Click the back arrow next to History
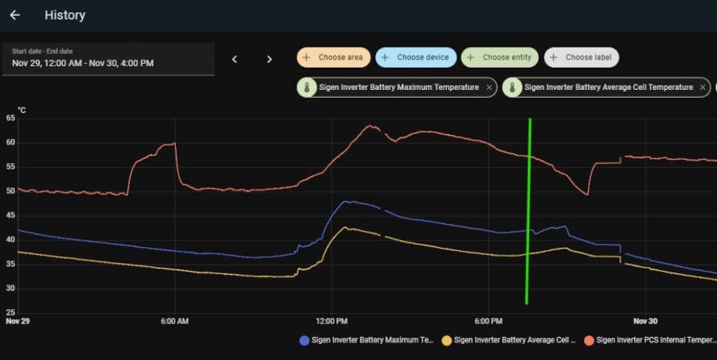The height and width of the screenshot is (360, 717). click(x=15, y=15)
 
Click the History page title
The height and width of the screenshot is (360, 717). click(x=65, y=15)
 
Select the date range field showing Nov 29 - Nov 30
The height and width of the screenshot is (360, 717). click(x=108, y=58)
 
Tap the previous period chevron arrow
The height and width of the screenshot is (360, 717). click(x=234, y=59)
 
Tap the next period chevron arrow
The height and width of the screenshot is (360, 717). click(x=269, y=59)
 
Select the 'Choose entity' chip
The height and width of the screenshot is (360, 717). click(x=500, y=57)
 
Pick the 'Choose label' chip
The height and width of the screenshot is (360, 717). click(x=582, y=57)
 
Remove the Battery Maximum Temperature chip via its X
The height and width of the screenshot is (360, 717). click(x=489, y=87)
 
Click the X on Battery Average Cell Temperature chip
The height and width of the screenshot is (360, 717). click(x=702, y=87)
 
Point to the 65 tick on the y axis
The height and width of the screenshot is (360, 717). click(x=10, y=118)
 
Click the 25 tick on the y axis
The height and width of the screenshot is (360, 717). click(x=10, y=312)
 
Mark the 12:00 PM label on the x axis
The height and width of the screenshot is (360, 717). click(x=331, y=322)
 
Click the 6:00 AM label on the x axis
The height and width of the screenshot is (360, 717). click(x=174, y=322)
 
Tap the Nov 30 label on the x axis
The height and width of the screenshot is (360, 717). click(x=645, y=322)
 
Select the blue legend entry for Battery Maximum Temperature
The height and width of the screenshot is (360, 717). click(x=366, y=340)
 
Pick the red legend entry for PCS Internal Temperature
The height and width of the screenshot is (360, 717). click(x=649, y=340)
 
